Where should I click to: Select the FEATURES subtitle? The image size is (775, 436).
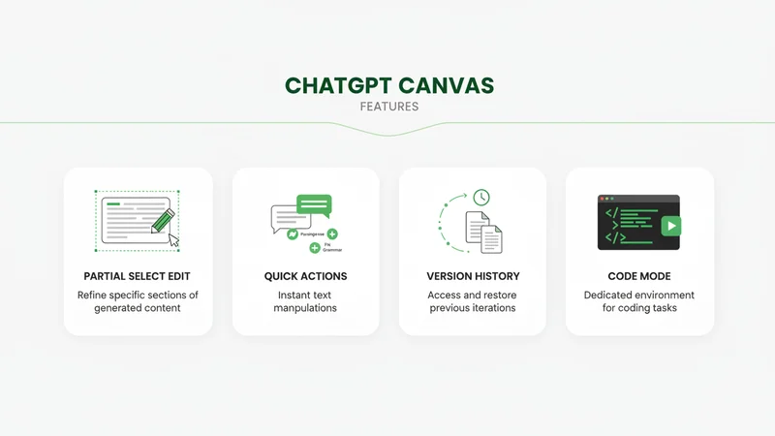point(388,107)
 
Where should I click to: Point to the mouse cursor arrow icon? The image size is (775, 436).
point(174,239)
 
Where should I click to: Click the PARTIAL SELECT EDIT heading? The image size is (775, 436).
point(138,276)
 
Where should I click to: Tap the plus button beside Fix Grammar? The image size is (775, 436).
point(315,249)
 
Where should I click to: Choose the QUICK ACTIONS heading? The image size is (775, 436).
point(305,276)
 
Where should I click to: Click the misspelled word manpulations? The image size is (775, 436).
point(305,308)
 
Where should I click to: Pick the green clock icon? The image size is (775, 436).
point(480,198)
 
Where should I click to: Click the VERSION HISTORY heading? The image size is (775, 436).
point(473,276)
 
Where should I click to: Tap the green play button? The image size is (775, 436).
point(669,225)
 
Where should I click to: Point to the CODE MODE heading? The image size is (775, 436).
point(639,276)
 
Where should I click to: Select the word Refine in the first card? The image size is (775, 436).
point(97,295)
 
